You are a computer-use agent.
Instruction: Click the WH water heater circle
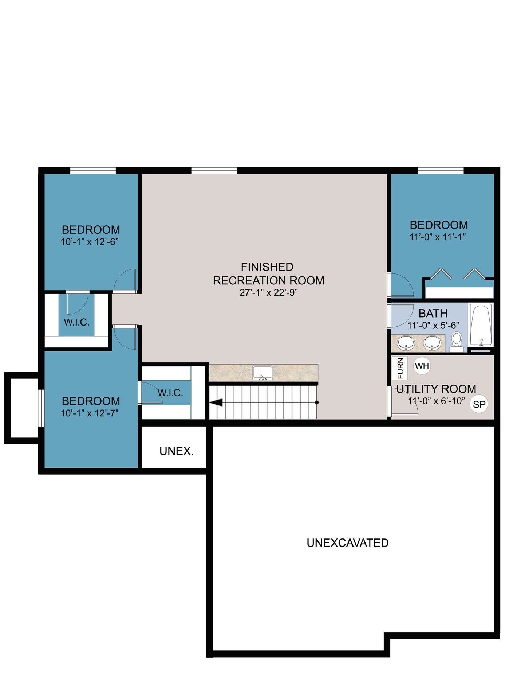[422, 366]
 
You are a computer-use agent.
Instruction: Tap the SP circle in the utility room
[479, 404]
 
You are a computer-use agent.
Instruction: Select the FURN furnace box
[400, 368]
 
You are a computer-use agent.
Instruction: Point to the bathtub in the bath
[481, 325]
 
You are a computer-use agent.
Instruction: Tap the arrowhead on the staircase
[216, 402]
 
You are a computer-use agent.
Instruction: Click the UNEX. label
[176, 451]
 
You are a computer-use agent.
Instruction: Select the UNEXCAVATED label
[348, 543]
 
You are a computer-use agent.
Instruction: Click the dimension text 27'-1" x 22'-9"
[269, 292]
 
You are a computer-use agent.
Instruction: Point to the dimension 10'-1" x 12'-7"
[90, 413]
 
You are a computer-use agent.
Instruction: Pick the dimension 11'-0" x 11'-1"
[438, 237]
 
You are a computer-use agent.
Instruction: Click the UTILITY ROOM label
[436, 389]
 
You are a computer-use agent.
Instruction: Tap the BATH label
[433, 314]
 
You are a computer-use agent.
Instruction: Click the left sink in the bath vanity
[406, 343]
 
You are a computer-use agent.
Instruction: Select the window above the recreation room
[214, 171]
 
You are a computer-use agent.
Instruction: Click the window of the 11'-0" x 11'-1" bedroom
[441, 171]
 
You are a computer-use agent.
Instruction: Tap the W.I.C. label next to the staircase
[170, 393]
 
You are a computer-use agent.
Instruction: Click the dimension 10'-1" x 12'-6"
[90, 242]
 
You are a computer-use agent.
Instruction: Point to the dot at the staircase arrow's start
[317, 402]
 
